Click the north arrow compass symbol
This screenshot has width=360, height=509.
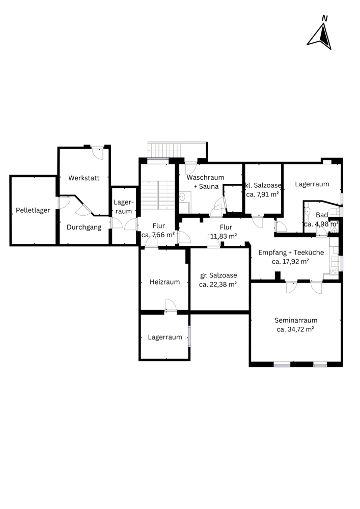pos(319,34)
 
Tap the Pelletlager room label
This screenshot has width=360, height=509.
pos(33,210)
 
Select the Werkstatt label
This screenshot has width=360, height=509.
pos(84,178)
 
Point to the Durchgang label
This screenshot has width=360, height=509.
pos(84,227)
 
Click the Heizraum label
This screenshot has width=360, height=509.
pos(164,282)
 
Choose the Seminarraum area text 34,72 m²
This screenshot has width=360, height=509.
pos(295,329)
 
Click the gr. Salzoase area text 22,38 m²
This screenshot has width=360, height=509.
pos(218,285)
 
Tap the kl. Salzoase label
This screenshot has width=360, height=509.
pos(263,185)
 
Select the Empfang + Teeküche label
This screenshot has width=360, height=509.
pos(291,252)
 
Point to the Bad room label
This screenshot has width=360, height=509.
pos(322,215)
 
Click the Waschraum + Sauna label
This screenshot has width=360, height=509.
pos(206,182)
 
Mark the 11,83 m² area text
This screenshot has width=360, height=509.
pos(224,236)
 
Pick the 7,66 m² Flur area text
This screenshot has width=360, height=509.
pos(158,235)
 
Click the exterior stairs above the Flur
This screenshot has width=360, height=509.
pos(177,150)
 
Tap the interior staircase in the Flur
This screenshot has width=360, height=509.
pos(158,195)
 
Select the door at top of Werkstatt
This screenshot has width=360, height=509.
pos(97,153)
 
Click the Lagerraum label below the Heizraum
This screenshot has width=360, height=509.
pos(164,337)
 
